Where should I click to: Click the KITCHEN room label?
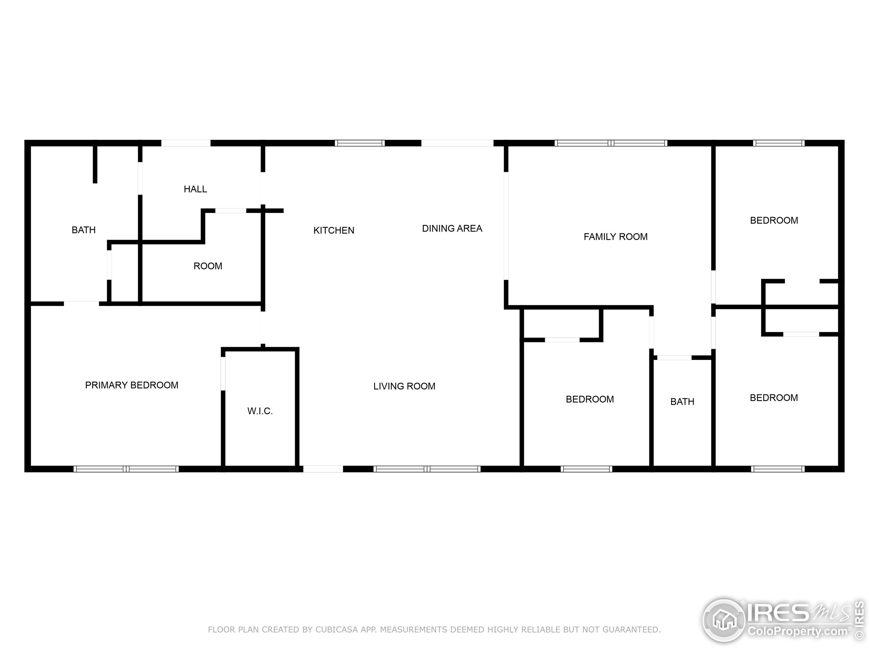334,230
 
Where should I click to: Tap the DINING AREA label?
452,228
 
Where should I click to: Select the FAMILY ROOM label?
615,237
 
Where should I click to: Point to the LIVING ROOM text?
404,386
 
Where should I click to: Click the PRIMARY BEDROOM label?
132,385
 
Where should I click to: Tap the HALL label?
195,189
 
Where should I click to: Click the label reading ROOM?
207,266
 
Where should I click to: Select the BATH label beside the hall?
83,230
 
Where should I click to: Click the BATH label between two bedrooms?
682,402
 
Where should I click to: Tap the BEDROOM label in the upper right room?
774,220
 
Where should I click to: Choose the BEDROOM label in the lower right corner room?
774,398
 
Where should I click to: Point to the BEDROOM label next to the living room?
589,399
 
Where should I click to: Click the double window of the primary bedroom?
126,469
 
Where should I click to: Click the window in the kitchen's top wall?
359,143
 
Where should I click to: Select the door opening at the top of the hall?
186,143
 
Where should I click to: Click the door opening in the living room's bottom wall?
323,469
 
